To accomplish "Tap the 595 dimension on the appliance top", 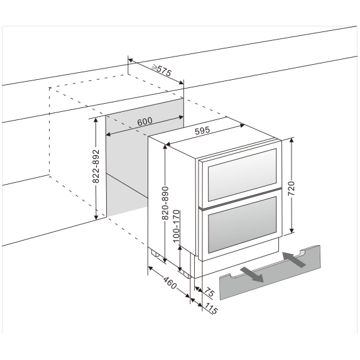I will click(202, 133).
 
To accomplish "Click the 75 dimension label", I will click(208, 293).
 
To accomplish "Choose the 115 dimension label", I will click(210, 308).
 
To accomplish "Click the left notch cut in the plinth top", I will click(231, 275).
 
